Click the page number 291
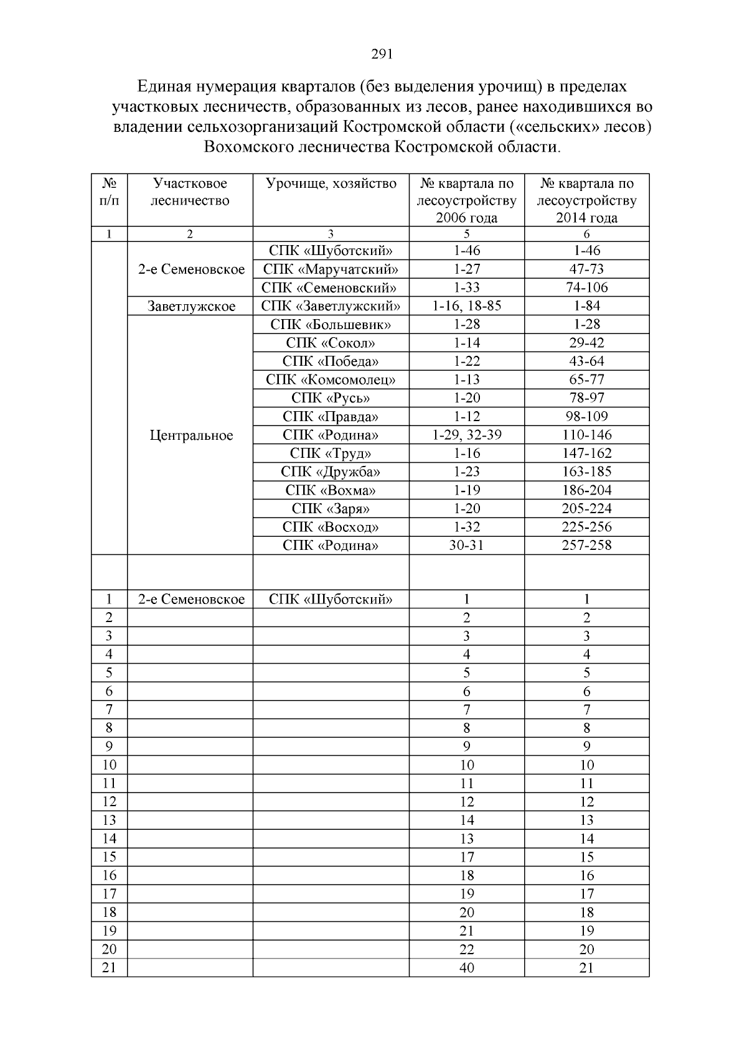pos(382,54)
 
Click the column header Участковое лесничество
pos(190,192)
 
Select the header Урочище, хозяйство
pos(331,184)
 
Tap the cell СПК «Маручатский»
pos(331,269)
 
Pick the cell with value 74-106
pos(586,287)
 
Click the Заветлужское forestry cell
pos(190,306)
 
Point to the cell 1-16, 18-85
pos(466,306)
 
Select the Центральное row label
pos(190,435)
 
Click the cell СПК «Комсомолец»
pos(331,379)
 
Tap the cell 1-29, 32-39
pos(466,435)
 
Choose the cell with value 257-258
pos(586,546)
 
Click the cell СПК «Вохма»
pos(331,490)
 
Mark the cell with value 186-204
pos(586,490)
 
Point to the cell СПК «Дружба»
pos(331,472)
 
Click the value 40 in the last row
pos(466,968)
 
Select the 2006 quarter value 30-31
pos(466,546)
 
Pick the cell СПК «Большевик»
pos(331,325)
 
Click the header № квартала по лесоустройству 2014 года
pos(586,200)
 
